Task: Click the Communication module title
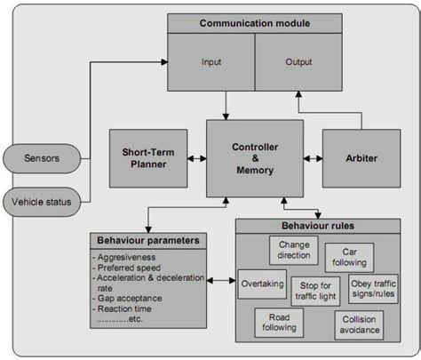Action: pos(255,22)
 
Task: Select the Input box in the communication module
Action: pos(210,62)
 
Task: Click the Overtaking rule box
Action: pos(262,284)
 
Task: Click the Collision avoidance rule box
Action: pos(359,325)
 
